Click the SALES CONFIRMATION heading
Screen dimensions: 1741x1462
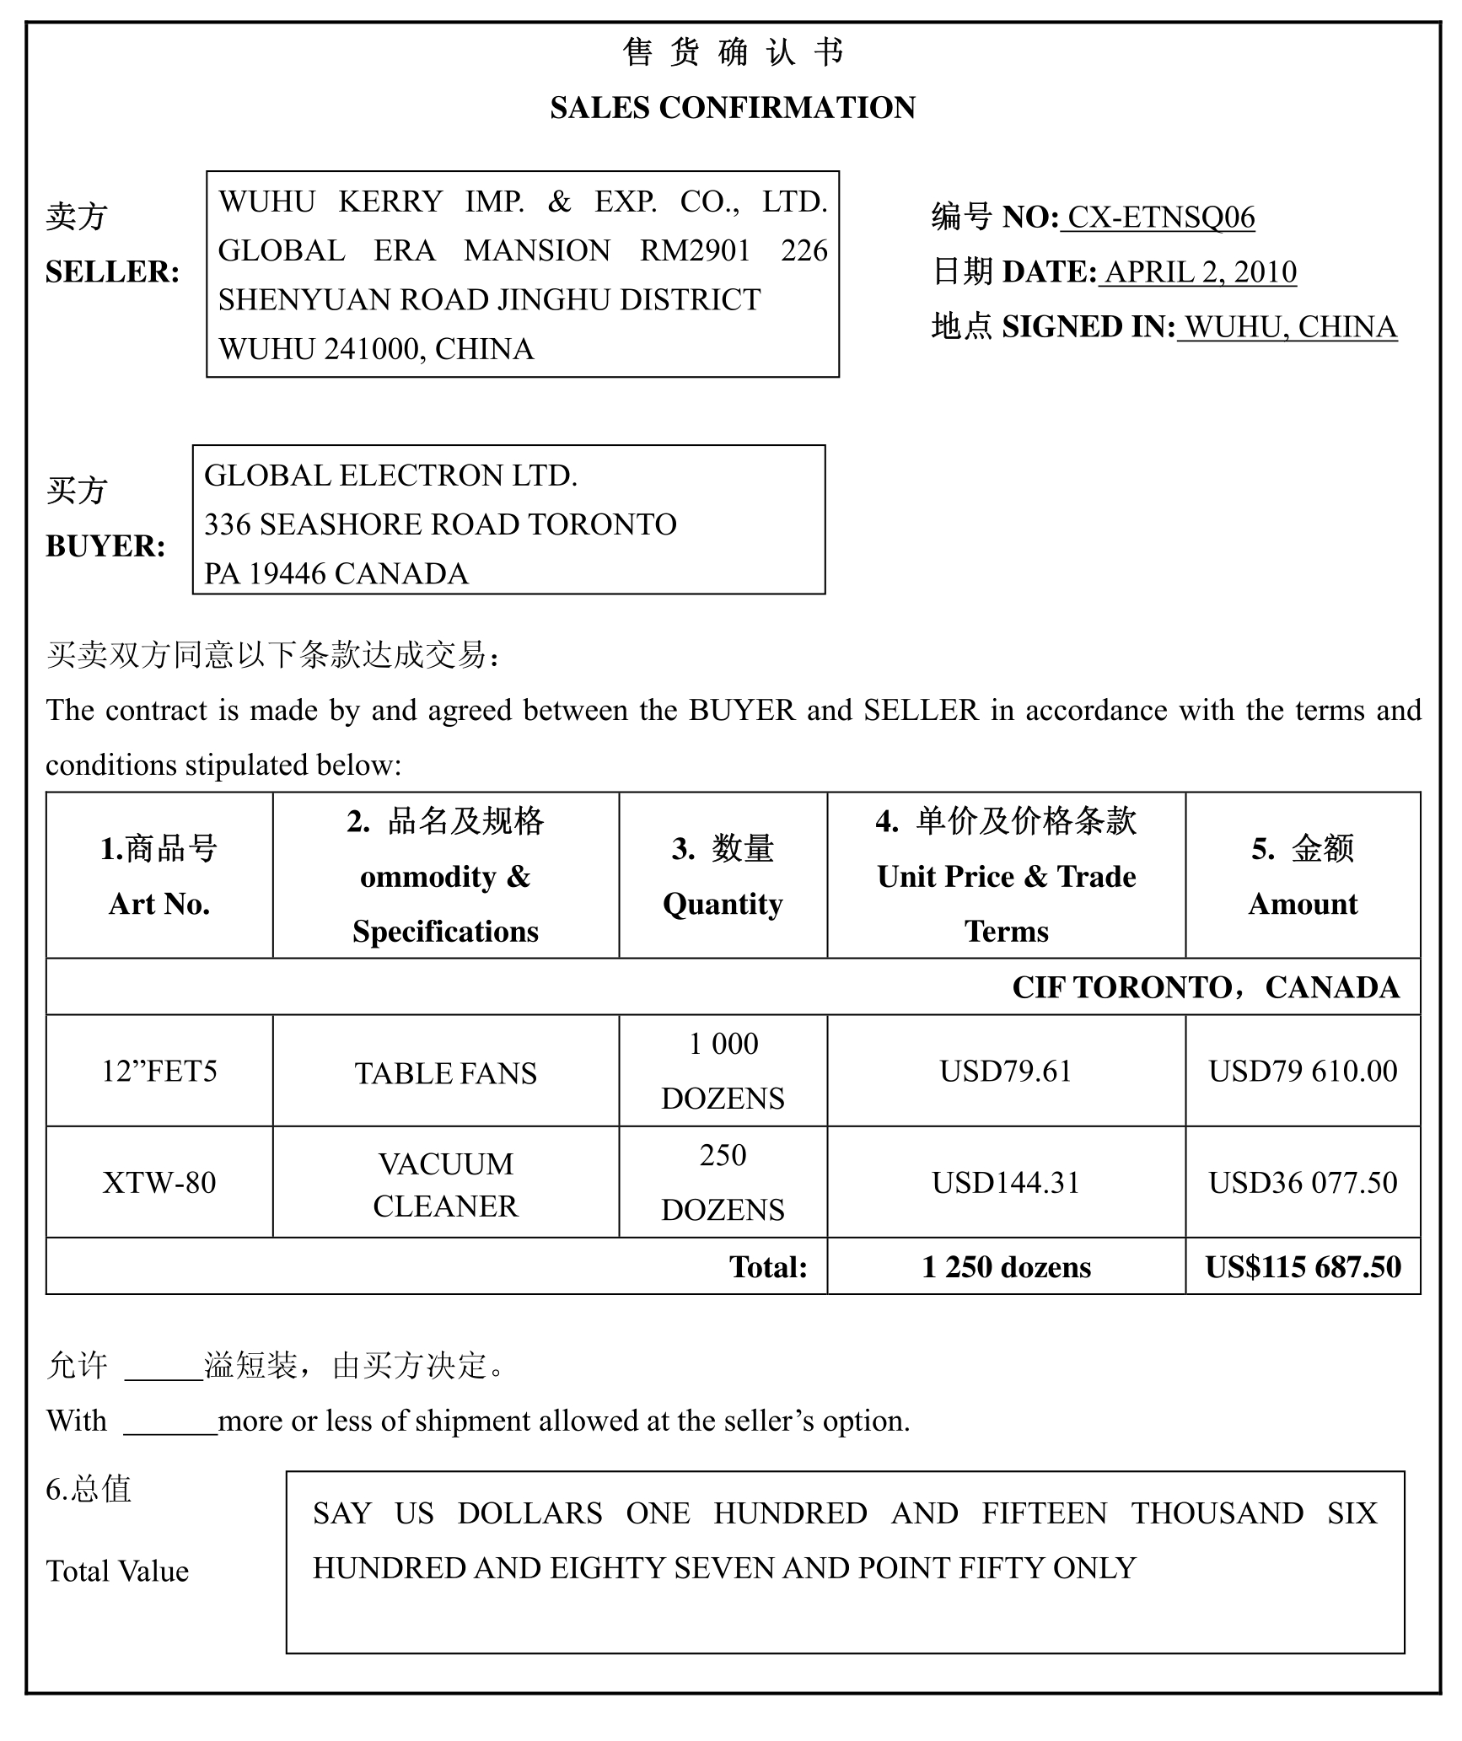[x=732, y=108]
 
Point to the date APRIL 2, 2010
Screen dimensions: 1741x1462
[x=1200, y=272]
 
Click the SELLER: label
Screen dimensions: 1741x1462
[x=112, y=272]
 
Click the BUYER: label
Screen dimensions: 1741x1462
[x=105, y=546]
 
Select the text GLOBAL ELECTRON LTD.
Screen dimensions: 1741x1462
[x=390, y=476]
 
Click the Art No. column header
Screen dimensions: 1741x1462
[x=159, y=904]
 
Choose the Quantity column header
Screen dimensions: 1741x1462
[x=723, y=904]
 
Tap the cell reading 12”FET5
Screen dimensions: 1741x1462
[x=159, y=1072]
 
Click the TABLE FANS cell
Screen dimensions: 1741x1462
[x=445, y=1073]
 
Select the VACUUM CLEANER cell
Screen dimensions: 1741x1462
[x=445, y=1185]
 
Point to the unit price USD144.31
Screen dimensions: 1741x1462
[x=1006, y=1183]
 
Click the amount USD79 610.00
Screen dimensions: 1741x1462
[x=1303, y=1072]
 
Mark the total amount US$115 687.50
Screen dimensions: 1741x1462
[x=1303, y=1267]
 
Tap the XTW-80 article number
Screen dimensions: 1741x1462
[x=159, y=1183]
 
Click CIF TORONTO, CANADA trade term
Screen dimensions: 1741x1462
[x=1206, y=987]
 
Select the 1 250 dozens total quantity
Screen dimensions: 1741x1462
[x=1006, y=1267]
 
